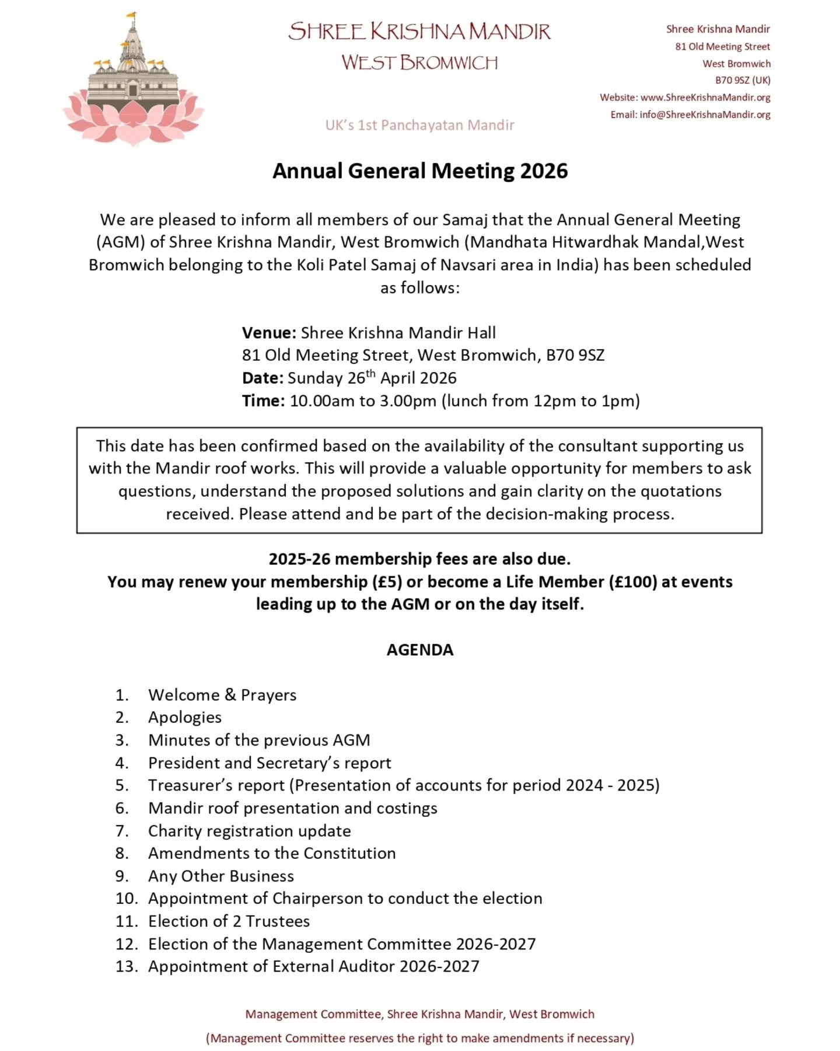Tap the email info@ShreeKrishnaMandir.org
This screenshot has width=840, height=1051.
click(705, 114)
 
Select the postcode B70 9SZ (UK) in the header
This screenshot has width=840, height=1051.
click(742, 80)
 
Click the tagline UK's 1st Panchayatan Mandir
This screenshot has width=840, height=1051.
click(419, 125)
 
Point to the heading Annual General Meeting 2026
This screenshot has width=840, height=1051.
click(419, 171)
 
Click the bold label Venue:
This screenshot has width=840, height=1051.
click(269, 333)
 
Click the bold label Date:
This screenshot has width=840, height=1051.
click(262, 378)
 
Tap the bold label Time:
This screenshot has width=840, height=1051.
click(263, 401)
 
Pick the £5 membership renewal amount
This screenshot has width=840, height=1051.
click(387, 582)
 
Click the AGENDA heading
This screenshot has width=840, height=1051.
click(419, 650)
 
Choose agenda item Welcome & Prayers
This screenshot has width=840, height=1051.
click(222, 695)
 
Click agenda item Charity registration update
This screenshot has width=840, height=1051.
click(249, 831)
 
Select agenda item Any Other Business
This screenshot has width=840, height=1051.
click(220, 876)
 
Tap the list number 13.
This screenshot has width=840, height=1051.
click(126, 966)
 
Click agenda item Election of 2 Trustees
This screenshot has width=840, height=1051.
click(229, 921)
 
